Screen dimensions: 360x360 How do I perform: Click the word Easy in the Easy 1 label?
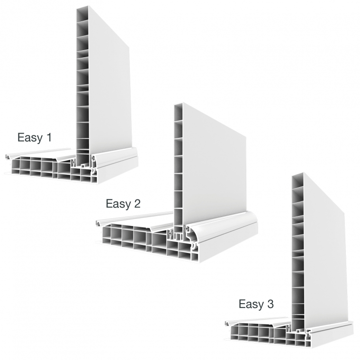(30, 138)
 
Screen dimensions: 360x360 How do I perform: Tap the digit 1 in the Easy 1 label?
(49, 137)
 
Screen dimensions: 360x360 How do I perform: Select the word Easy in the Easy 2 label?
(118, 204)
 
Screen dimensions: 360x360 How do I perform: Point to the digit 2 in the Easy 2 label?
(137, 203)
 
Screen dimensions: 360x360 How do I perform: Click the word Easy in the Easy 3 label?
(252, 305)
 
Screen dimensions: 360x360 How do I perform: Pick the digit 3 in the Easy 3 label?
(270, 304)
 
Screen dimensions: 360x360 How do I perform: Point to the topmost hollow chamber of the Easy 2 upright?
(178, 113)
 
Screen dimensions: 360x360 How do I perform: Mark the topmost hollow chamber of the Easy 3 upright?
(298, 182)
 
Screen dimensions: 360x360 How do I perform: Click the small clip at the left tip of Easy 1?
(8, 157)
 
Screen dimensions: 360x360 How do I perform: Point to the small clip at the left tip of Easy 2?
(99, 223)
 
